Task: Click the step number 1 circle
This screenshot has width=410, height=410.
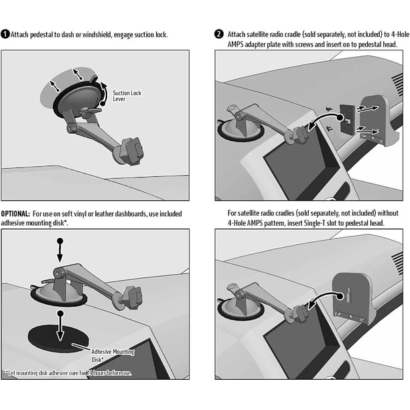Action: click(5, 34)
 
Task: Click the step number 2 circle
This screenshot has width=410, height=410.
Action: click(219, 34)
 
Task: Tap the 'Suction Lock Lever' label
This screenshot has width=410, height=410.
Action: click(127, 96)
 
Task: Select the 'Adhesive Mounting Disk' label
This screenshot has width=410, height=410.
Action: click(113, 355)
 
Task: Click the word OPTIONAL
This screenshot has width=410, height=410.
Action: click(15, 214)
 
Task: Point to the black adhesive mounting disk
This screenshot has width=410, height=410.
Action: click(58, 339)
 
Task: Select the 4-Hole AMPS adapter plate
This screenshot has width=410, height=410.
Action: click(347, 120)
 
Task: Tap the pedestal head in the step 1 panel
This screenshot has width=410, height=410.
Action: click(132, 151)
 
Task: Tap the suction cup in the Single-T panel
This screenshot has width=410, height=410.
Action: click(241, 310)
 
